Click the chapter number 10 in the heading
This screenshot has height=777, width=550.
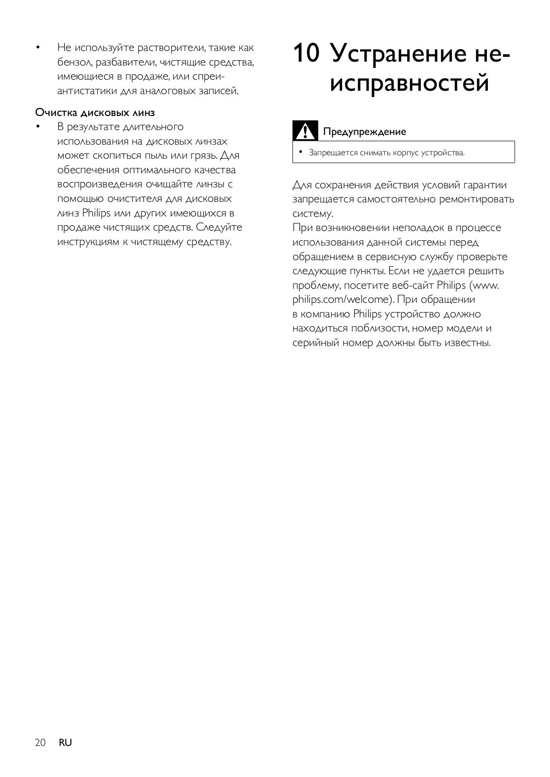point(306,53)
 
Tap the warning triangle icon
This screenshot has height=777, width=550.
point(305,131)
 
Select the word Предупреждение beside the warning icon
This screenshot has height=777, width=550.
point(364,132)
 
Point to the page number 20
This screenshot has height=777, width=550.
point(40,743)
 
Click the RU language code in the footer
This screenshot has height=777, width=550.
point(65,743)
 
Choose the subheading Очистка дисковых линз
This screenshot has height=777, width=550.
point(95,113)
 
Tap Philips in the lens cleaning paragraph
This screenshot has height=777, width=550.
point(96,213)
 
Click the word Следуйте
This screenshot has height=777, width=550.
point(219,227)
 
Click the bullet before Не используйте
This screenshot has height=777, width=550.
point(37,48)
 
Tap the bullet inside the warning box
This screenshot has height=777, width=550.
point(300,152)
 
